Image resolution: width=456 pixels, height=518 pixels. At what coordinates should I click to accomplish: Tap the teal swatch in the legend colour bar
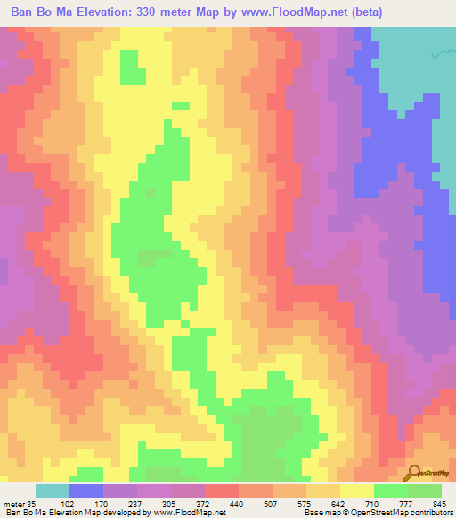click(x=53, y=490)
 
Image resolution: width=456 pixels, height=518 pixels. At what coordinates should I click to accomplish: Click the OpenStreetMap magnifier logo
click(x=415, y=473)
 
